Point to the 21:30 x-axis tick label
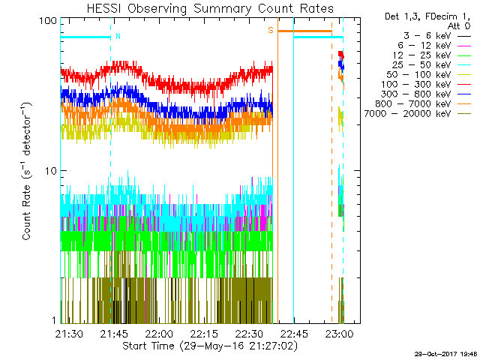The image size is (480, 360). [70, 334]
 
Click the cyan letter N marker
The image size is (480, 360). [117, 36]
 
